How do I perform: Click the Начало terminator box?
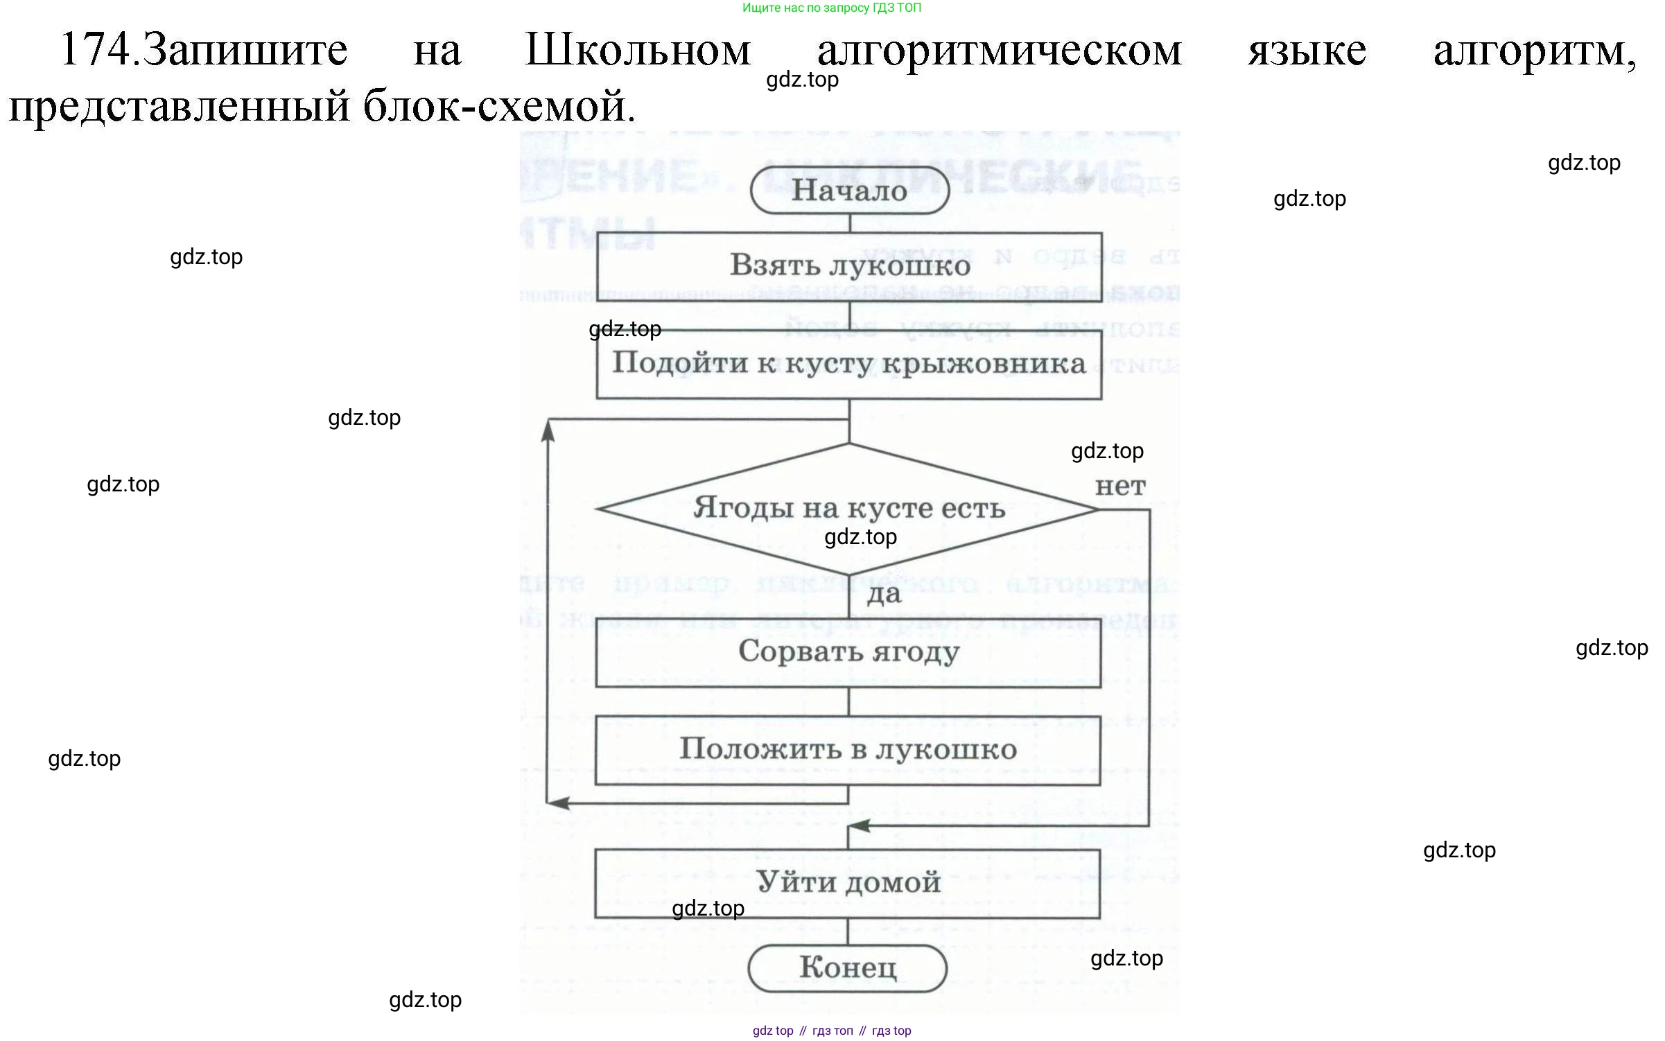point(849,191)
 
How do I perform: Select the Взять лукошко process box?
point(849,266)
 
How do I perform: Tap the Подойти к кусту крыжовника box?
point(849,364)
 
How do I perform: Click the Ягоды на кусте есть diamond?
point(848,509)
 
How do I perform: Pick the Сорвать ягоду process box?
point(848,652)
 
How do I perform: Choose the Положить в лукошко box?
point(848,750)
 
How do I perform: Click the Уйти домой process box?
point(848,883)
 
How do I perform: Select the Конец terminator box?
point(848,968)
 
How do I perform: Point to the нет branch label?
point(1120,487)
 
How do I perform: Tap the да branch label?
point(884,594)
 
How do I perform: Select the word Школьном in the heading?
point(638,50)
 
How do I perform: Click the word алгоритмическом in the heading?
point(1000,50)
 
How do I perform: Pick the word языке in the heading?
point(1307,50)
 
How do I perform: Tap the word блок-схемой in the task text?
point(499,107)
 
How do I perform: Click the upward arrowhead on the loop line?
point(548,431)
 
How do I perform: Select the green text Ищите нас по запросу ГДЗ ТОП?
point(832,8)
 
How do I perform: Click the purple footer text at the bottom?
point(832,1031)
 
